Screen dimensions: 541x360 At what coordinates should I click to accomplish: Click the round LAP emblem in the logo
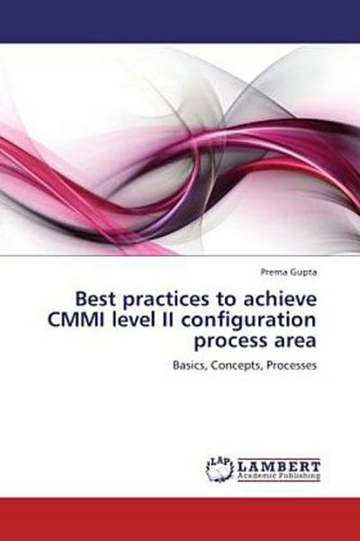[219, 468]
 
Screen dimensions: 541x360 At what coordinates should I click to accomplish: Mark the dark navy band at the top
[180, 20]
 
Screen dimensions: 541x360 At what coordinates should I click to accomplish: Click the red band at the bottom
[180, 518]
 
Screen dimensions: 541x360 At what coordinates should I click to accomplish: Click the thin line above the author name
[180, 256]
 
